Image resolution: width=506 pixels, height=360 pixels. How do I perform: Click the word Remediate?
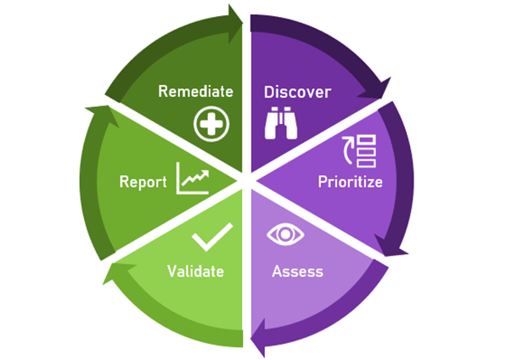pos(195,92)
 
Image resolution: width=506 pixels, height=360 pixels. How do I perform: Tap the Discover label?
pos(297,92)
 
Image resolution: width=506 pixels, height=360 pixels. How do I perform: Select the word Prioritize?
pos(350,182)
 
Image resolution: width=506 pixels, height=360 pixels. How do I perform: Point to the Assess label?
pos(297,272)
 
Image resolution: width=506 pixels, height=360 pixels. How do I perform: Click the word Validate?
pos(195,271)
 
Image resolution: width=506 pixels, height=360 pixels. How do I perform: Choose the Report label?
pos(143,182)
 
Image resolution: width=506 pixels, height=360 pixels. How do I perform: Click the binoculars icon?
pos(281,123)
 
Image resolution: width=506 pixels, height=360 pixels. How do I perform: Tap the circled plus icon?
pos(211,124)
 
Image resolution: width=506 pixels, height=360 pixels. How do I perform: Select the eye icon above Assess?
pos(285,234)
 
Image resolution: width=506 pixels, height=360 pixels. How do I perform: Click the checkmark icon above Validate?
pos(212,237)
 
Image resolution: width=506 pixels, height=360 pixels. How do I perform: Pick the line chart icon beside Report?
pos(193,178)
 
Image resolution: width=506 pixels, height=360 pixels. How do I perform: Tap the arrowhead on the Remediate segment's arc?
pos(234,24)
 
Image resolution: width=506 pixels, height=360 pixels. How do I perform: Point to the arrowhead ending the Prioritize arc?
pos(391,247)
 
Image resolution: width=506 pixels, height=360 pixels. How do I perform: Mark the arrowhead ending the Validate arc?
pos(117,273)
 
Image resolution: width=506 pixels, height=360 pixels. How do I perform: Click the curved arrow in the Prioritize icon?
pos(348,149)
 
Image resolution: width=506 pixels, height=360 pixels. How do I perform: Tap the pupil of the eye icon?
pos(285,234)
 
